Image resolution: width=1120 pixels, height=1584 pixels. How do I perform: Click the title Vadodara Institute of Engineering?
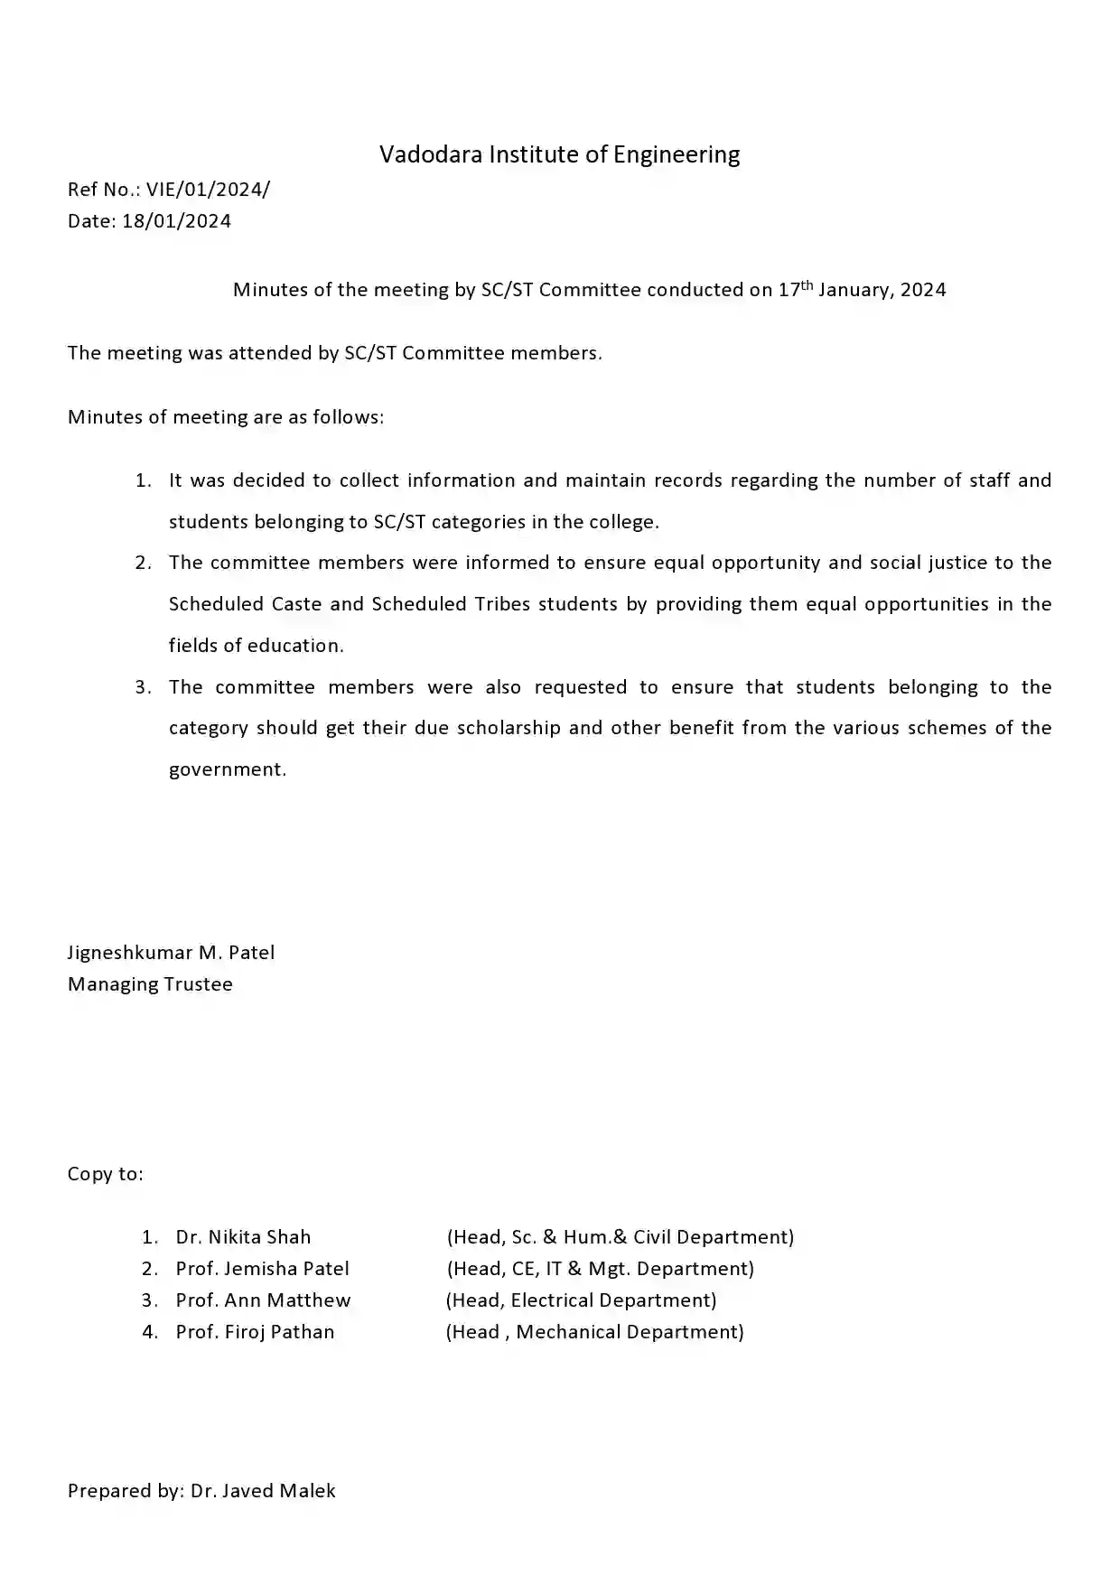pyautogui.click(x=559, y=154)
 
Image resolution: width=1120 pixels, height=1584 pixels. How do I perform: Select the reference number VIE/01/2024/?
pyautogui.click(x=208, y=190)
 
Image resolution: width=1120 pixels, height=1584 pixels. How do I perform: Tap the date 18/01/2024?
pyautogui.click(x=176, y=221)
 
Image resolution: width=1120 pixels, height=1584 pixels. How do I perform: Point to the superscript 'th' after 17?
pyautogui.click(x=807, y=284)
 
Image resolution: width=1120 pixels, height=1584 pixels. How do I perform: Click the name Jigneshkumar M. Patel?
pyautogui.click(x=171, y=953)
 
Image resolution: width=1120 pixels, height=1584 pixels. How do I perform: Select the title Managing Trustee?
pyautogui.click(x=150, y=984)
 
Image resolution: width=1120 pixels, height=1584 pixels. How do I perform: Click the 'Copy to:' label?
pyautogui.click(x=105, y=1174)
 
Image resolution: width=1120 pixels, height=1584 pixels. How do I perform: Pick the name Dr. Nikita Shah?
pyautogui.click(x=243, y=1237)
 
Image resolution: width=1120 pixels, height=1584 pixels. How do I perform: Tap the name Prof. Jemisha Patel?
pyautogui.click(x=262, y=1269)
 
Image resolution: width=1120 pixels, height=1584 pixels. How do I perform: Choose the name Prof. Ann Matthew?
pyautogui.click(x=263, y=1300)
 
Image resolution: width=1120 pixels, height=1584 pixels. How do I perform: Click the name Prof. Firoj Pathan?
pyautogui.click(x=255, y=1332)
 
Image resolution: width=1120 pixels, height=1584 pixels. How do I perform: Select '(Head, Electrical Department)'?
pyautogui.click(x=581, y=1300)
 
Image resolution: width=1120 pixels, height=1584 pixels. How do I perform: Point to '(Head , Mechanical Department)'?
pyautogui.click(x=594, y=1332)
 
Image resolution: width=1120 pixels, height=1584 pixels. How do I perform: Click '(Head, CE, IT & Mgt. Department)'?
pyautogui.click(x=600, y=1269)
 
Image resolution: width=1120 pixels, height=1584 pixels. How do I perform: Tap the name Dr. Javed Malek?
pyautogui.click(x=263, y=1491)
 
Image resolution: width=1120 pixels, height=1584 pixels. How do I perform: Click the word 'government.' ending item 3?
pyautogui.click(x=227, y=769)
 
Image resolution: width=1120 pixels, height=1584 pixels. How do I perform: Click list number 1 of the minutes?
pyautogui.click(x=143, y=480)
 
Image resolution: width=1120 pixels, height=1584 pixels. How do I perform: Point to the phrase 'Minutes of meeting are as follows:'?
pyautogui.click(x=226, y=417)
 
